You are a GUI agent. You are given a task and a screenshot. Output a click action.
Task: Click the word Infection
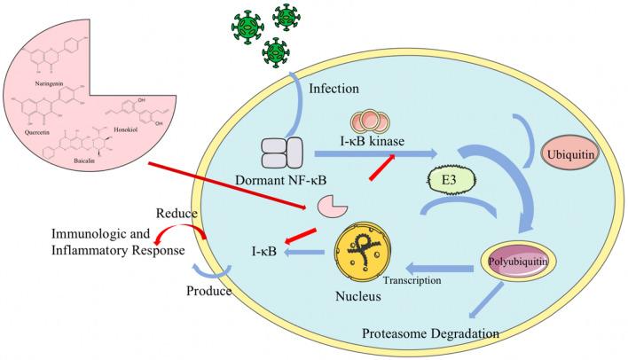pos(334,89)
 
